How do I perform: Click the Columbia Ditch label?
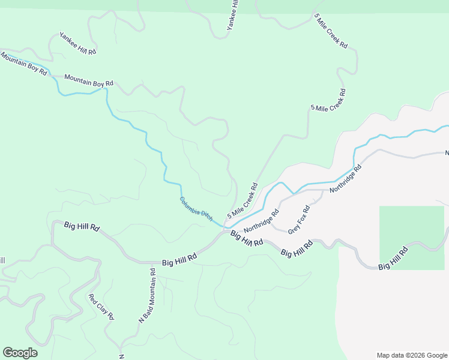pos(196,209)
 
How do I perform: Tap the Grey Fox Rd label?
pos(298,220)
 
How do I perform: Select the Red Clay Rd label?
pos(101,307)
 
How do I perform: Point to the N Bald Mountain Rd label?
pos(147,296)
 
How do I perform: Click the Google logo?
pos(20,352)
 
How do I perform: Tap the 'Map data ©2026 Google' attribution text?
pos(411,355)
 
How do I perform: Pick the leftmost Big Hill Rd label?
pos(82,227)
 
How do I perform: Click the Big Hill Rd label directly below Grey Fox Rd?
pos(297,248)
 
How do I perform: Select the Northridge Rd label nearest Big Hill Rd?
pos(261,221)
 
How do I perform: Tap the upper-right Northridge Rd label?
pos(346,178)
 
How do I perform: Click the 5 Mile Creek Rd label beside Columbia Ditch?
pos(243,200)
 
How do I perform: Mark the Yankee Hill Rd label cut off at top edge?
pos(232,16)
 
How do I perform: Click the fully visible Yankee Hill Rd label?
pos(77,44)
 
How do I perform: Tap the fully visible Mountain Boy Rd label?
pos(89,80)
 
